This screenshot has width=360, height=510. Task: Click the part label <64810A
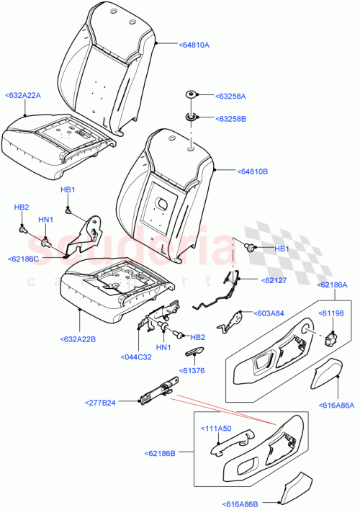(x=194, y=45)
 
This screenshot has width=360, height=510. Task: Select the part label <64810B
(x=233, y=171)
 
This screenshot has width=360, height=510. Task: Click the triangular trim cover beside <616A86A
(x=328, y=375)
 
